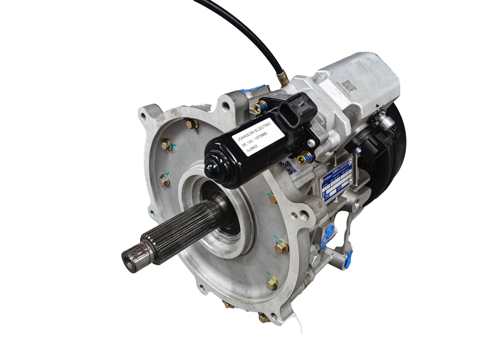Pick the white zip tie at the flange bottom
point(298,327)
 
